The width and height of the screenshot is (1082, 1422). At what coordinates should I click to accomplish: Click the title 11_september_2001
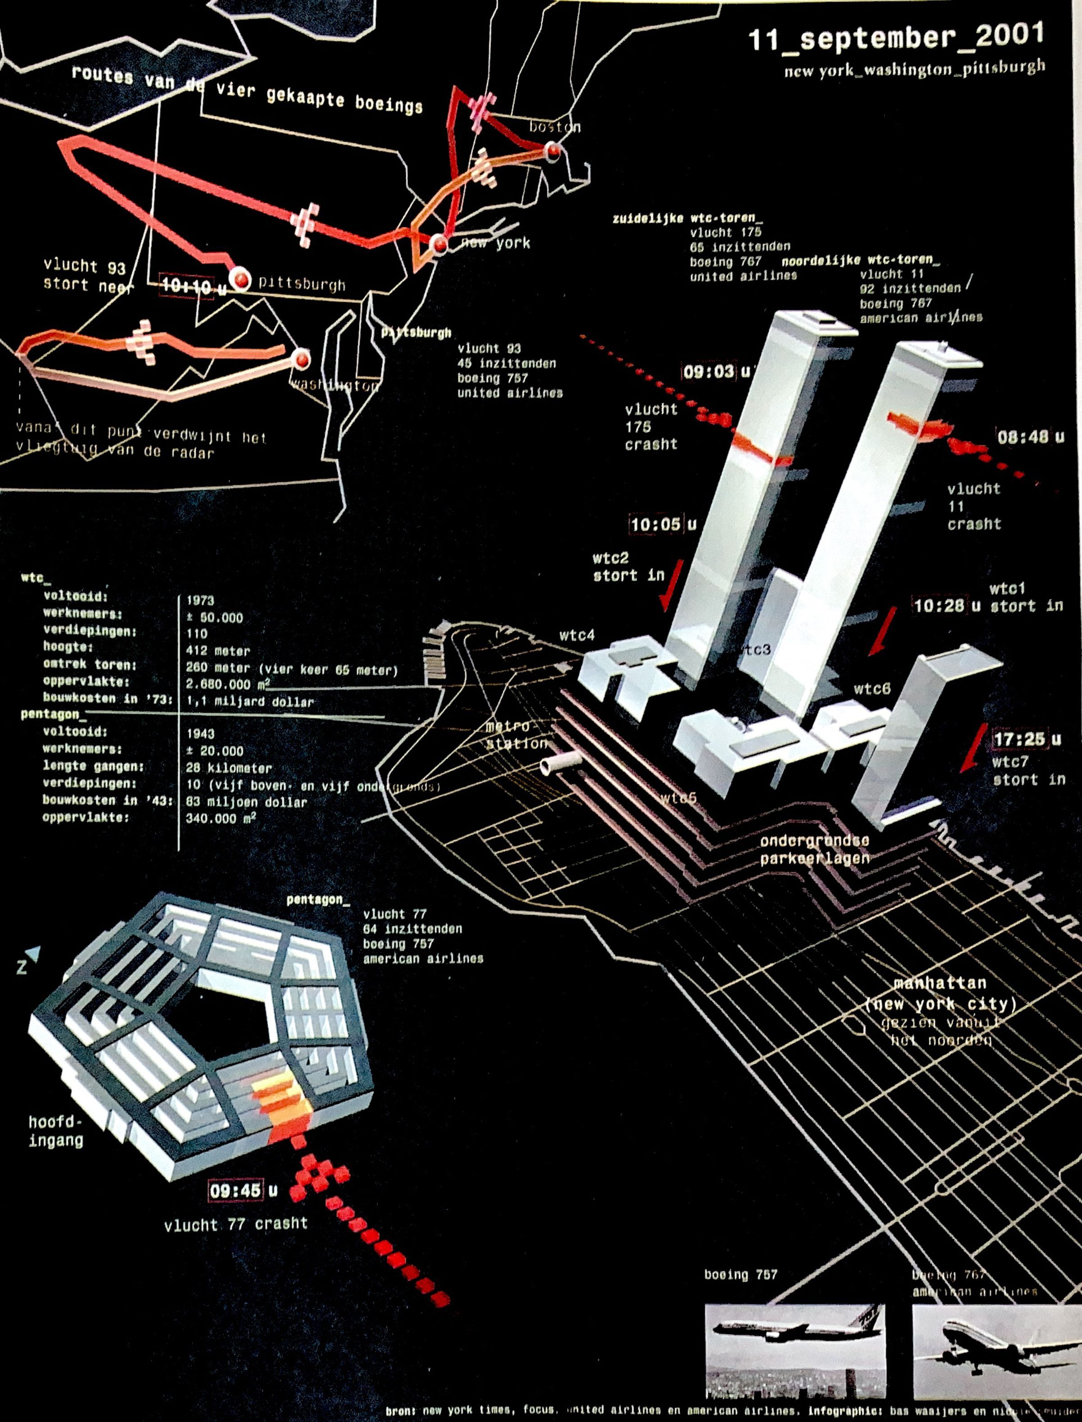click(895, 37)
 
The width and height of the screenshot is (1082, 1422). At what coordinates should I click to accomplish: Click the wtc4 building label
click(577, 636)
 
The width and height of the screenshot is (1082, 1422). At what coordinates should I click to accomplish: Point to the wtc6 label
click(871, 689)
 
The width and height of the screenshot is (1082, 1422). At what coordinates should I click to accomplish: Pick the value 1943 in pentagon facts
click(200, 734)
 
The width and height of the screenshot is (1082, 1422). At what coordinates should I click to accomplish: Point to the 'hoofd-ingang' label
click(56, 1131)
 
